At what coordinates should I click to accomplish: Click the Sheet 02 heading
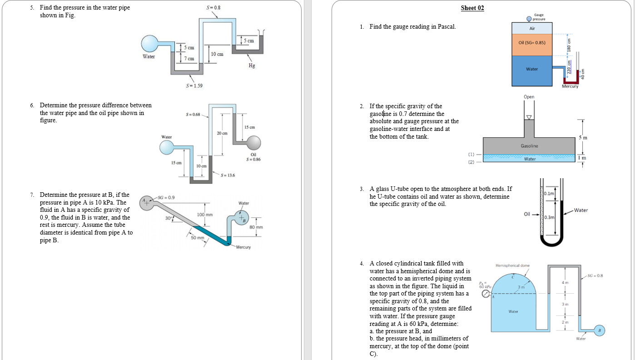pos(472,8)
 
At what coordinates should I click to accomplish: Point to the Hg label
pos(252,65)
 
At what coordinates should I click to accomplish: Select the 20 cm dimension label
pos(223,133)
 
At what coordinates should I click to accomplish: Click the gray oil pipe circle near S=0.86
pos(254,143)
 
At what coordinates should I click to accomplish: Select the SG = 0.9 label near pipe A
pos(166,197)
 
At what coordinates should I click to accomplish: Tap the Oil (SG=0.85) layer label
pos(532,43)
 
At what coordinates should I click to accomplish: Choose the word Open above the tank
pos(529,97)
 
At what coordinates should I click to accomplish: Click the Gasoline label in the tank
pos(529,146)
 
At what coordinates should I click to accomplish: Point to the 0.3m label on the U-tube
pos(550,218)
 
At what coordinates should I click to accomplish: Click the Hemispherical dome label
pos(512,265)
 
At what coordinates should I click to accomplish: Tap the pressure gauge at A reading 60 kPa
pos(486,294)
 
